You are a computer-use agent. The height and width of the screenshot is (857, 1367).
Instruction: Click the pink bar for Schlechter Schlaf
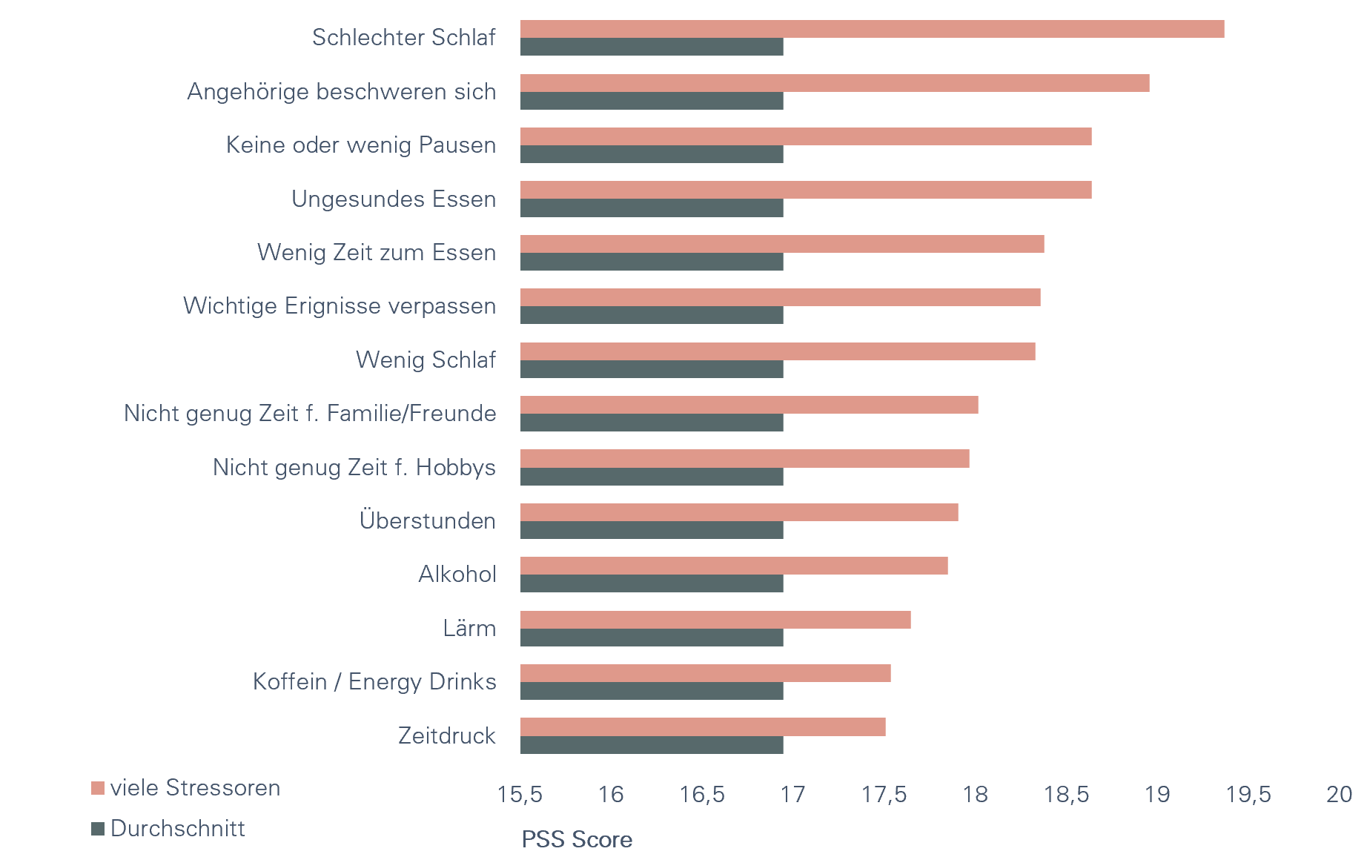[x=872, y=29]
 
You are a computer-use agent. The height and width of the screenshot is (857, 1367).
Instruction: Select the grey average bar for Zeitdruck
[x=652, y=745]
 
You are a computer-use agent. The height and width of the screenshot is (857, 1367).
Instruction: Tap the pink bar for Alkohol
[x=734, y=566]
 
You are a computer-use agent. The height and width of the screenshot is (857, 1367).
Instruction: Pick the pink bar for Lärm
[x=715, y=620]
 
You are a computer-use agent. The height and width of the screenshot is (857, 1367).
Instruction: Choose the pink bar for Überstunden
[x=739, y=512]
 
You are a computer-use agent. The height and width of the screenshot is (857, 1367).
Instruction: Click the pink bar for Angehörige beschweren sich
[x=835, y=83]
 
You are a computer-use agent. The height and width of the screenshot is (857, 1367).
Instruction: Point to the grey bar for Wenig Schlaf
[x=652, y=369]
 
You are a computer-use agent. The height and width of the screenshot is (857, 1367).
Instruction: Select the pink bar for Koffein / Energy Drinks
[x=705, y=673]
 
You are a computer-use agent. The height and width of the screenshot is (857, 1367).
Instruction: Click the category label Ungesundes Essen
[x=394, y=199]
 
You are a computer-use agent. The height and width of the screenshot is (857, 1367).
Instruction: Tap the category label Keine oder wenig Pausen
[x=361, y=145]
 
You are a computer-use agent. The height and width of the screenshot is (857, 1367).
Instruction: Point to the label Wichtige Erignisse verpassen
[x=340, y=305]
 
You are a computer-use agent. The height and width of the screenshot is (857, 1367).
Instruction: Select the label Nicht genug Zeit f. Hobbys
[x=354, y=467]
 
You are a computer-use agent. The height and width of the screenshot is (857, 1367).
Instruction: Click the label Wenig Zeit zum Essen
[x=377, y=252]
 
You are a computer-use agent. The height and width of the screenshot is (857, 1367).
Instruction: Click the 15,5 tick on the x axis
[x=520, y=795]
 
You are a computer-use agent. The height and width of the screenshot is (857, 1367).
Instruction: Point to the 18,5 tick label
[x=1066, y=795]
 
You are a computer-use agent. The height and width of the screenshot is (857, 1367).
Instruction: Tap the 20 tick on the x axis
[x=1339, y=795]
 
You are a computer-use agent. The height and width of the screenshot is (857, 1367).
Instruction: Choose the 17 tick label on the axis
[x=792, y=795]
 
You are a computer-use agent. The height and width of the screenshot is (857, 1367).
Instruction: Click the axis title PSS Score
[x=577, y=840]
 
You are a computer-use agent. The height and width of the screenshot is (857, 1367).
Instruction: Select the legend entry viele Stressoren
[x=194, y=787]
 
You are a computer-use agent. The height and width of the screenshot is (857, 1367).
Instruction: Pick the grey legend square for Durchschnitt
[x=98, y=829]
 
